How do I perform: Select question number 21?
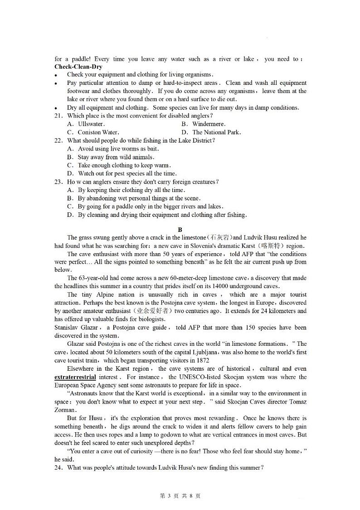click(x=59, y=116)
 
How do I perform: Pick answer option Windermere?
click(x=209, y=124)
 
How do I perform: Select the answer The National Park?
click(x=216, y=132)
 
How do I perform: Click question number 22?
click(x=59, y=141)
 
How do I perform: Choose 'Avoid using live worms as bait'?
click(x=118, y=149)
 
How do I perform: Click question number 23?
click(x=59, y=182)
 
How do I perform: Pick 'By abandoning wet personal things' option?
click(x=139, y=198)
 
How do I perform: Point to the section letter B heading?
click(x=180, y=230)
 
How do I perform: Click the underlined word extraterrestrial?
click(x=75, y=377)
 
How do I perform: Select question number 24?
click(x=59, y=468)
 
